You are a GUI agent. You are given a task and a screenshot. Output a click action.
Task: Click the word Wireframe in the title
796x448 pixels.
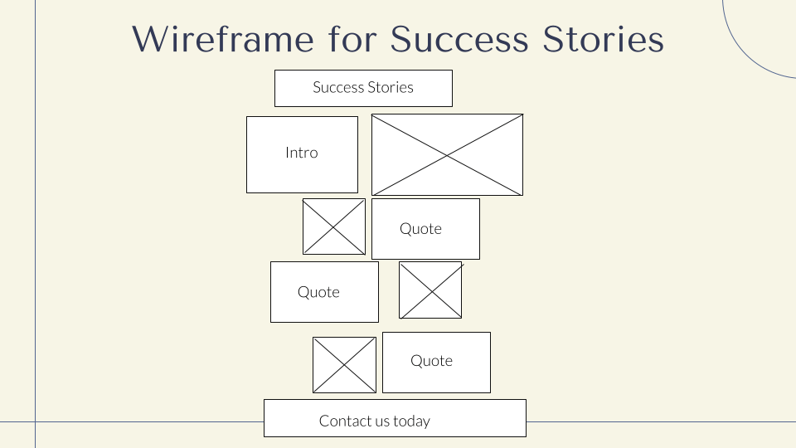223,39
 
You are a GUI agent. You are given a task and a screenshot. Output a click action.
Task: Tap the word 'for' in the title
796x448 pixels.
352,39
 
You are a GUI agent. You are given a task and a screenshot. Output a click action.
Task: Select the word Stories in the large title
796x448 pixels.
603,39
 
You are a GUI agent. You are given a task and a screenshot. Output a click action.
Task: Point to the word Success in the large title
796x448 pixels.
459,39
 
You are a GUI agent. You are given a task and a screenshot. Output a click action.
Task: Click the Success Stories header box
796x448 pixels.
363,89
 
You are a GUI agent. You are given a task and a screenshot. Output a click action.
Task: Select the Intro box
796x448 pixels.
302,155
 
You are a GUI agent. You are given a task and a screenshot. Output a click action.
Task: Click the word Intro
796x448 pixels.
302,153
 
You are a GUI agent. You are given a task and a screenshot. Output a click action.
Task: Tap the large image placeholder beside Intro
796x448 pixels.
447,155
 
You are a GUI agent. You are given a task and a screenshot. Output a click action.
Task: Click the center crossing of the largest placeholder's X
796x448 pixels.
447,155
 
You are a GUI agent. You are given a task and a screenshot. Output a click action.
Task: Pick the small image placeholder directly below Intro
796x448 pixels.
334,226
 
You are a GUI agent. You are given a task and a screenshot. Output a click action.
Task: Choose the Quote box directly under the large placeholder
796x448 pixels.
425,229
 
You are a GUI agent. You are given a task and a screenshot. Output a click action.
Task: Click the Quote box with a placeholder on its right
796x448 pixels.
324,292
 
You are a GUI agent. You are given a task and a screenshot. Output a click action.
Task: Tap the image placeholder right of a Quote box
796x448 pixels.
430,290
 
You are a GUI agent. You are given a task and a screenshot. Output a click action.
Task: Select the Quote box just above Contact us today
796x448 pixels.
437,363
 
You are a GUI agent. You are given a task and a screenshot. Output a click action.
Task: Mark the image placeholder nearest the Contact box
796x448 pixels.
344,365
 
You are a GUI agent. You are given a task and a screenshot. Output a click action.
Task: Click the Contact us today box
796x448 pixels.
395,418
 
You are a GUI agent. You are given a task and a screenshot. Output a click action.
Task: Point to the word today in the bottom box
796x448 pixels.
412,421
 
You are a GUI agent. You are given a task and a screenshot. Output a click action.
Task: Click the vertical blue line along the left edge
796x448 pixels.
35,224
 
